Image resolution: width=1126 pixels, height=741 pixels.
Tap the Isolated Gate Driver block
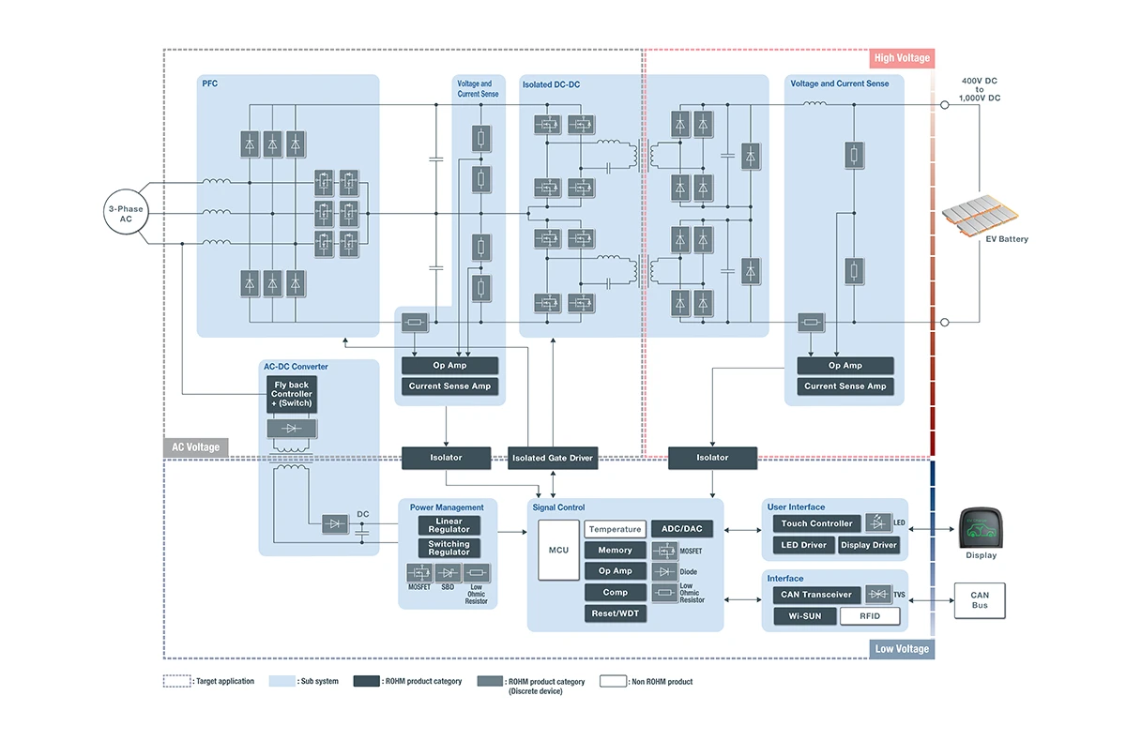pos(553,458)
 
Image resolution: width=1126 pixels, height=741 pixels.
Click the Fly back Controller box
pos(292,395)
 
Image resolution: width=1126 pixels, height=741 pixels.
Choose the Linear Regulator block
pos(449,525)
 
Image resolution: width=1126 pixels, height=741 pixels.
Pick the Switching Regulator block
pos(449,548)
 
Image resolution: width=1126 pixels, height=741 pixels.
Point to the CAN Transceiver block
pos(816,594)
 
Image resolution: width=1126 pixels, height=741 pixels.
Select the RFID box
pos(870,616)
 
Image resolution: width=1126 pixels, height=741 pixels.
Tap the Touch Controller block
pos(817,523)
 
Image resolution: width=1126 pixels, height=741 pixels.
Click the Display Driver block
pos(869,545)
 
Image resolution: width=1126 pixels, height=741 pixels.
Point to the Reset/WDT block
pos(615,613)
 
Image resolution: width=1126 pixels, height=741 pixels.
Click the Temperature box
pos(615,529)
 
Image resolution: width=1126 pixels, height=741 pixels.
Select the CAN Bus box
pos(980,600)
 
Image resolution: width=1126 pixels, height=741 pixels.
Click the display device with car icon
pos(981,529)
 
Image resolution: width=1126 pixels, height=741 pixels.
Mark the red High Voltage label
pos(902,58)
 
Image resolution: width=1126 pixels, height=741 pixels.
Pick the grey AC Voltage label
pos(196,447)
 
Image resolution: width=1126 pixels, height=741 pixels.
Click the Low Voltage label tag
pos(902,649)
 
